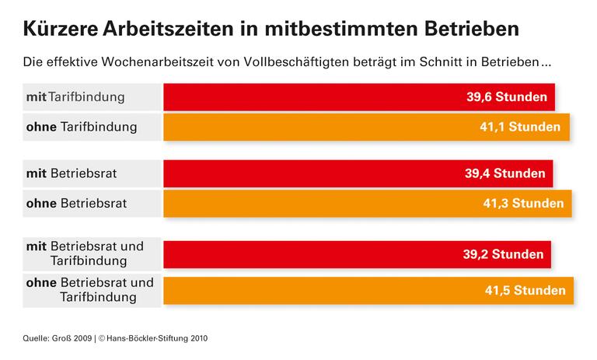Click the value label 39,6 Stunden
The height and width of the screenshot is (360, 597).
pos(508,99)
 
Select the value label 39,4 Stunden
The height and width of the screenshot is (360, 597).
pos(506,174)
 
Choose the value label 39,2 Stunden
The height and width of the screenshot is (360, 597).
pos(504,254)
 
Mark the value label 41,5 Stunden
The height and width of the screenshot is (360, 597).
pos(525,291)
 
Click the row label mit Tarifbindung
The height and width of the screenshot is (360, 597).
pos(75,98)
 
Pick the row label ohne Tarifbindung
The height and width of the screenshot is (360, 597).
pos(82,126)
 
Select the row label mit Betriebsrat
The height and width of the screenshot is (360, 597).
pos(72,174)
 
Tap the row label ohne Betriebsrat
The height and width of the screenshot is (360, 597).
pos(77,203)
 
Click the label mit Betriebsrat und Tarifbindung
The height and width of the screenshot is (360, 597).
pos(86,253)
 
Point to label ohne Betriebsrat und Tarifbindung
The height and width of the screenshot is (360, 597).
pos(90,290)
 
